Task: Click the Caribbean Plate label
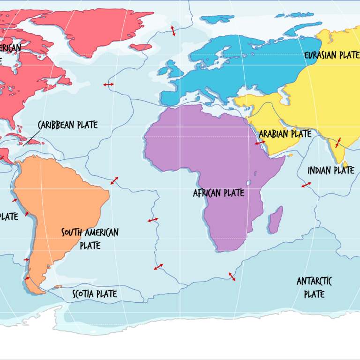click(x=67, y=125)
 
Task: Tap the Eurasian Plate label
click(x=332, y=55)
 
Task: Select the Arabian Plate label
click(x=285, y=134)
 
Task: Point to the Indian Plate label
click(x=331, y=170)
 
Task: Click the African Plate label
click(x=218, y=193)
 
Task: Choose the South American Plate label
click(x=90, y=238)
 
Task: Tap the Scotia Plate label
click(x=94, y=294)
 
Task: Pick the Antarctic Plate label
click(x=314, y=287)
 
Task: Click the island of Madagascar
click(x=277, y=219)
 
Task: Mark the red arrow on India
click(x=338, y=142)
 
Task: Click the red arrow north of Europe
click(x=173, y=30)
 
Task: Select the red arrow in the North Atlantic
click(x=108, y=84)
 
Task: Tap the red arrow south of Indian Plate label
click(x=306, y=185)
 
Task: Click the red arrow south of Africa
click(x=232, y=277)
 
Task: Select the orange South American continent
click(x=56, y=197)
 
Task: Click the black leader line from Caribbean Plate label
click(x=32, y=138)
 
